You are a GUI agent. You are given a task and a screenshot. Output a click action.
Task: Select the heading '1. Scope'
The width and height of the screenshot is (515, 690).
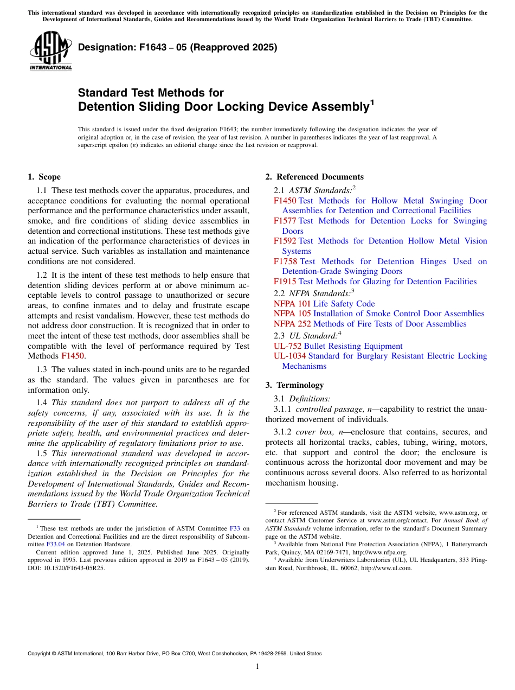click(44, 177)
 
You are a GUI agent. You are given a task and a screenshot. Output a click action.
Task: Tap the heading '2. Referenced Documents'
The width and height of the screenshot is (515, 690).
click(314, 177)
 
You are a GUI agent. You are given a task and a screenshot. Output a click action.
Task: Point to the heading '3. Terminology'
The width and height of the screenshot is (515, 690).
click(294, 385)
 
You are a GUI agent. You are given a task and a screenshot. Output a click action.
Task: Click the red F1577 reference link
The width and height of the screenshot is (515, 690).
click(285, 221)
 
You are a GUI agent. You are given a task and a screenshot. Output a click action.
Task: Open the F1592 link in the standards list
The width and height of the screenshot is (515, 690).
click(285, 241)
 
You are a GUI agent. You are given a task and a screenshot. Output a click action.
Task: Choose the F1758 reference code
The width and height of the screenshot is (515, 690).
click(285, 261)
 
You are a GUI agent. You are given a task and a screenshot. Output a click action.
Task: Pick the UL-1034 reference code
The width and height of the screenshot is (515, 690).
click(289, 356)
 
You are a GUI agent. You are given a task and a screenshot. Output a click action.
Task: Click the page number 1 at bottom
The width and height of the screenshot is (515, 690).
click(257, 667)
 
